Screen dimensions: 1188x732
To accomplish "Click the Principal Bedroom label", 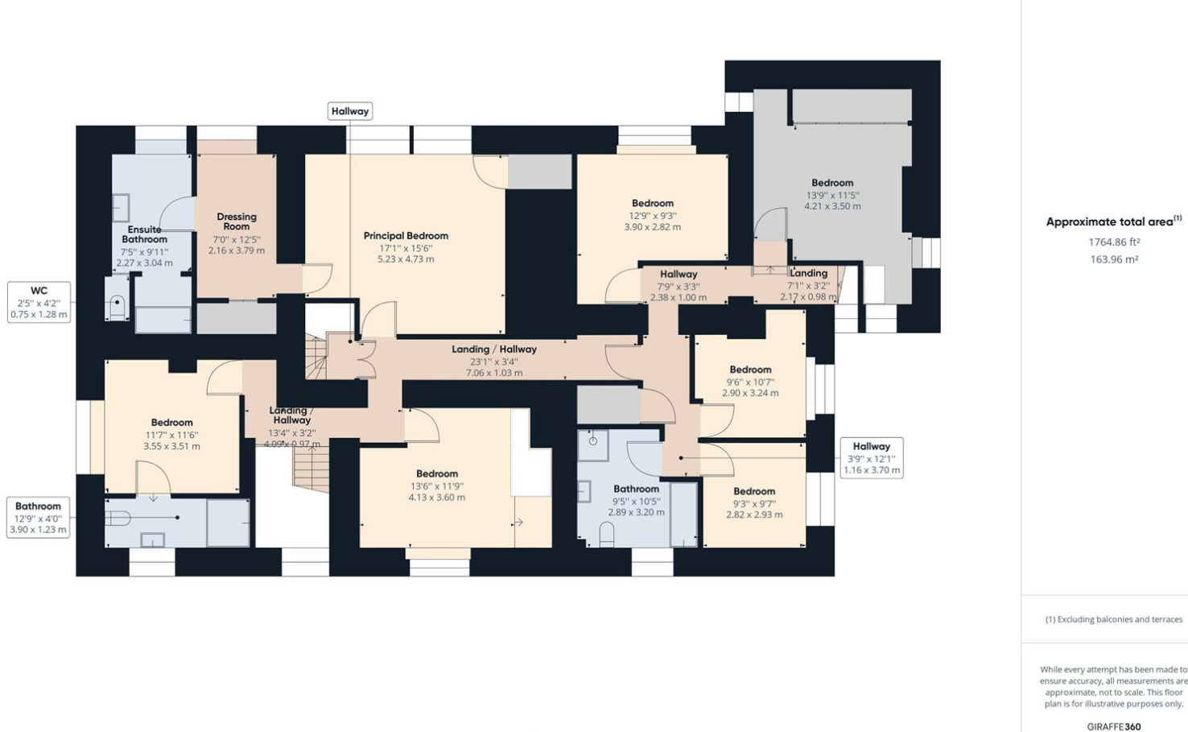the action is pyautogui.click(x=406, y=235).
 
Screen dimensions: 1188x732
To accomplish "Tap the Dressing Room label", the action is pyautogui.click(x=237, y=221).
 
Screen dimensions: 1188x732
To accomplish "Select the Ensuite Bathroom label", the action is pyautogui.click(x=144, y=234).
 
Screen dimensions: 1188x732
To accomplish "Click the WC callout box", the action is pyautogui.click(x=39, y=302).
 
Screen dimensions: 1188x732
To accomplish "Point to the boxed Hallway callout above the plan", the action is pyautogui.click(x=350, y=111).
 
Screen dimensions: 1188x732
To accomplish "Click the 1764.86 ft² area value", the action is pyautogui.click(x=1114, y=242).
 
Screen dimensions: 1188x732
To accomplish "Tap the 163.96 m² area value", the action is pyautogui.click(x=1114, y=259).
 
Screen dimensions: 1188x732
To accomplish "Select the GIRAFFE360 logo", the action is pyautogui.click(x=1114, y=726).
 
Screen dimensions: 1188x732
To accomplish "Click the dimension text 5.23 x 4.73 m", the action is pyautogui.click(x=406, y=259).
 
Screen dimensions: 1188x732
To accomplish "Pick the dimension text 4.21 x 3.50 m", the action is pyautogui.click(x=833, y=206).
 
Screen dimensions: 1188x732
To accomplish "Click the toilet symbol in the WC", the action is pyautogui.click(x=118, y=307).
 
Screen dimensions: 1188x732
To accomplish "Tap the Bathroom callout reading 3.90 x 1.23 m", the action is pyautogui.click(x=38, y=518).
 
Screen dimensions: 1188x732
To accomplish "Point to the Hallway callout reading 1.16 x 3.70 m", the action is pyautogui.click(x=872, y=458).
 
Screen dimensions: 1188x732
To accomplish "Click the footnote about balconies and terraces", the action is pyautogui.click(x=1114, y=619).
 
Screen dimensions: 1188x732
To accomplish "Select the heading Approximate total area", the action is pyautogui.click(x=1109, y=221).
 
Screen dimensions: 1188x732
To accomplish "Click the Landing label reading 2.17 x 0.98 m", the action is pyautogui.click(x=809, y=273).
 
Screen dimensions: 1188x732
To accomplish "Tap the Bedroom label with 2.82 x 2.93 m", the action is pyautogui.click(x=754, y=491).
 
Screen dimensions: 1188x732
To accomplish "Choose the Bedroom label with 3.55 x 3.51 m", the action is pyautogui.click(x=171, y=422).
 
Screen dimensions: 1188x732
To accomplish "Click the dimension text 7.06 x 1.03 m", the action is pyautogui.click(x=494, y=373).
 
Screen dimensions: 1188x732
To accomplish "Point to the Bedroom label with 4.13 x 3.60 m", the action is pyautogui.click(x=437, y=474).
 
